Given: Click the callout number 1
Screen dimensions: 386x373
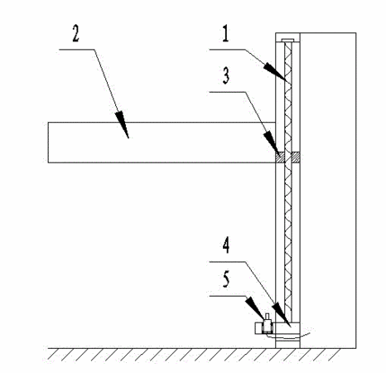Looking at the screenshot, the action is pyautogui.click(x=226, y=34).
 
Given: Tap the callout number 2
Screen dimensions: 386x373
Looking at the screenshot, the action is pyautogui.click(x=75, y=34).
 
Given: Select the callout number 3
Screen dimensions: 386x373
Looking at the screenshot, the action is pyautogui.click(x=226, y=75).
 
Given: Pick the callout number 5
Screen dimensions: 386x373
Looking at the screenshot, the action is pyautogui.click(x=226, y=279).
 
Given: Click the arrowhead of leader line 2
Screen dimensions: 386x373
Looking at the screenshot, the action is pyautogui.click(x=123, y=125).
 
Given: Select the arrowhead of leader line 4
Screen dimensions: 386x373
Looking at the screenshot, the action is pyautogui.click(x=282, y=315).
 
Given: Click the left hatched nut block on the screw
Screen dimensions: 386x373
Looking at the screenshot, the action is pyautogui.click(x=280, y=157).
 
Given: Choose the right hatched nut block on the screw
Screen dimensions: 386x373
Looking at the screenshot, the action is pyautogui.click(x=296, y=157).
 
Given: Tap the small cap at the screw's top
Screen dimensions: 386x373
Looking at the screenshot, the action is pyautogui.click(x=288, y=41).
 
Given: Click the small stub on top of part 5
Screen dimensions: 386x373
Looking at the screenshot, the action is pyautogui.click(x=267, y=317).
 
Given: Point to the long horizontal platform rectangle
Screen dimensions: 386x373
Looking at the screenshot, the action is pyautogui.click(x=162, y=143).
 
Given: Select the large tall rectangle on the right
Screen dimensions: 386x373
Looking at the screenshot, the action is pyautogui.click(x=328, y=191).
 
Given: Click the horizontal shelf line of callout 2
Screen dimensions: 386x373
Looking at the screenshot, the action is pyautogui.click(x=77, y=50).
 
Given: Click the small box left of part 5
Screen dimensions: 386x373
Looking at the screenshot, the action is pyautogui.click(x=258, y=328).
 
